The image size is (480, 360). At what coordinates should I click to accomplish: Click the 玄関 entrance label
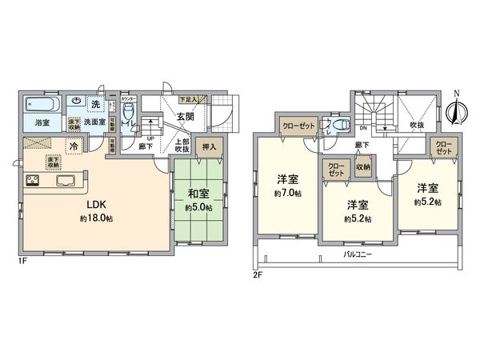[186, 117]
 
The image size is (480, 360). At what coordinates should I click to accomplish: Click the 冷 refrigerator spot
[74, 146]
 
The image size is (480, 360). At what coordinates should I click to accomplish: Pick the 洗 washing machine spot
[94, 106]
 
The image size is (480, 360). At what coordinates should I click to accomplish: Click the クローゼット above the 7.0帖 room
[296, 125]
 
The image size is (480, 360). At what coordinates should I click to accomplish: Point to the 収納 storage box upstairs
[362, 167]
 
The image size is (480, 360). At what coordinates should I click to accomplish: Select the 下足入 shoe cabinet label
[190, 98]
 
